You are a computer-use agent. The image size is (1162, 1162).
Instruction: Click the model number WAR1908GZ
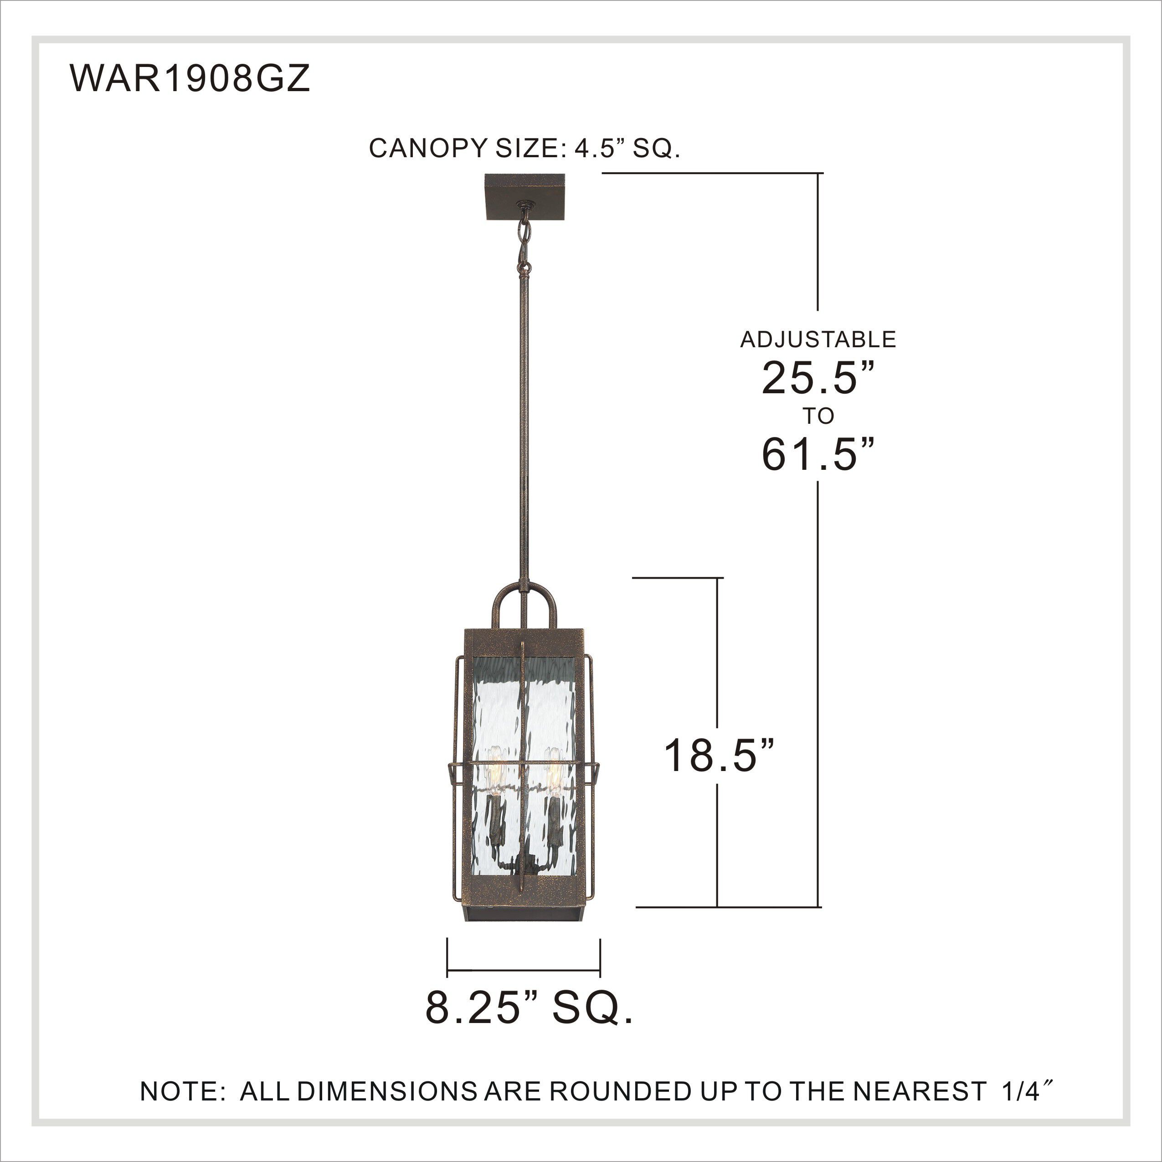pos(190,79)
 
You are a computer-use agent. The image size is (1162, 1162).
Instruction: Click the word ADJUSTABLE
pos(818,340)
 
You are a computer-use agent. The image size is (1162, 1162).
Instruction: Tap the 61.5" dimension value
pos(818,454)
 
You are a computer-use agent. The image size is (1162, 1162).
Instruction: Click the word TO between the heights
pos(818,416)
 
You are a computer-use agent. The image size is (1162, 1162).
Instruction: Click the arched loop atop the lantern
pos(524,603)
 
